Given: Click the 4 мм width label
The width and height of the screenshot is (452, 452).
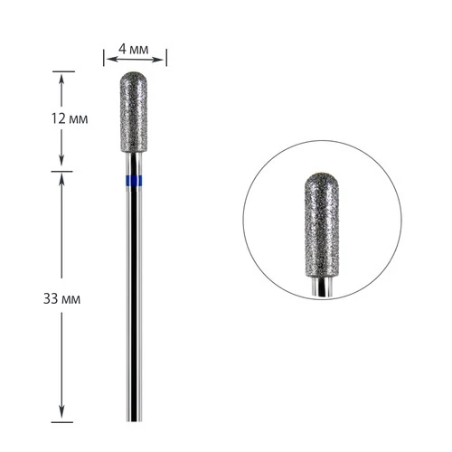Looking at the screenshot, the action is click(x=133, y=49).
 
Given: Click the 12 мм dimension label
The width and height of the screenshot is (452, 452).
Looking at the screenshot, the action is click(x=70, y=118).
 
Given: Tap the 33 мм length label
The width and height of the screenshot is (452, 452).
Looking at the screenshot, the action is click(x=61, y=299).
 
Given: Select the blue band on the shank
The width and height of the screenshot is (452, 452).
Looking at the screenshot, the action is click(x=134, y=180).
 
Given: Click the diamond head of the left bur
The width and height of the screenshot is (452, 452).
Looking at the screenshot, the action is click(x=134, y=112).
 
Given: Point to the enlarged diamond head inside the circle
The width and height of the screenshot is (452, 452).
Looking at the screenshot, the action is click(x=322, y=225).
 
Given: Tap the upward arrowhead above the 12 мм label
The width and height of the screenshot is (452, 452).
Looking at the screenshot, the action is click(x=61, y=80).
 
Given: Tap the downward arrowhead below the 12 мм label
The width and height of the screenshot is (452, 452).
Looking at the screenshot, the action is click(x=61, y=160).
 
